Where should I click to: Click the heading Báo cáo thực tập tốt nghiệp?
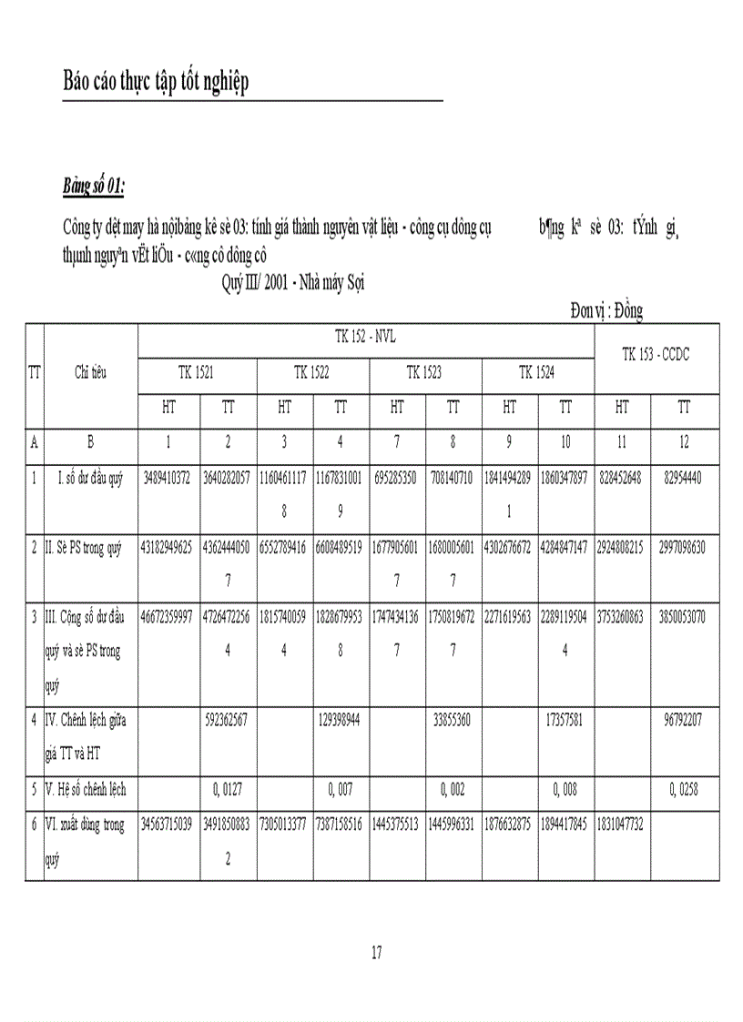(156, 82)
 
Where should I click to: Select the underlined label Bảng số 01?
(93, 187)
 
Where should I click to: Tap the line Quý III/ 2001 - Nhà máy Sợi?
(293, 283)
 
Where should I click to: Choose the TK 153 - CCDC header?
(656, 355)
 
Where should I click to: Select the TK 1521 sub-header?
(197, 371)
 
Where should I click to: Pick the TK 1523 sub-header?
(424, 371)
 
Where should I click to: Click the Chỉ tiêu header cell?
(90, 371)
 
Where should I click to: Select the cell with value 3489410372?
(168, 478)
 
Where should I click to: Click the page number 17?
(377, 953)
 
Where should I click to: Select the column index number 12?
(684, 442)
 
